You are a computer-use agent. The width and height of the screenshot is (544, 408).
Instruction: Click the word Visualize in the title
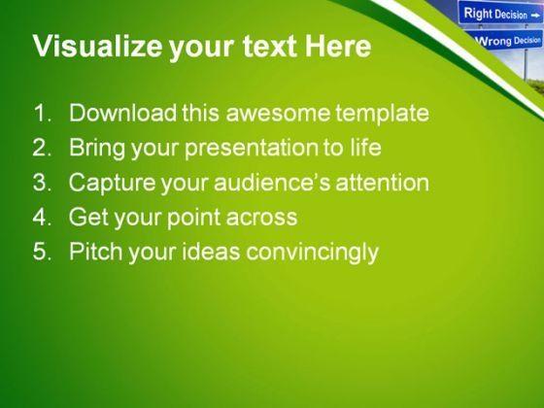(x=97, y=48)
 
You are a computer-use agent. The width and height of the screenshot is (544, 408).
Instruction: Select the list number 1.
(x=43, y=113)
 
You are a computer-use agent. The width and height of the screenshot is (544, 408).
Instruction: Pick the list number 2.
(x=43, y=147)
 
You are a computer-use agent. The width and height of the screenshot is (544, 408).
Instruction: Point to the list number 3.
(x=43, y=182)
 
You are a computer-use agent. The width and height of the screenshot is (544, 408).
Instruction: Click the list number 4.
(x=43, y=217)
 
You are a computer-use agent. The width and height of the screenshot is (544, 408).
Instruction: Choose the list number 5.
(x=43, y=251)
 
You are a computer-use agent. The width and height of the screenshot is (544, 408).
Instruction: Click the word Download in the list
(x=123, y=113)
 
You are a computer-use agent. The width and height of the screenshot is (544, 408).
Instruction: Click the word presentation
(x=252, y=149)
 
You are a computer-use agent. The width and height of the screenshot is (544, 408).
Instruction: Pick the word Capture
(x=112, y=184)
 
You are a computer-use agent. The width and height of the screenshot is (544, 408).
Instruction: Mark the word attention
(x=383, y=182)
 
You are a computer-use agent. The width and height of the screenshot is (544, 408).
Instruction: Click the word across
(x=262, y=218)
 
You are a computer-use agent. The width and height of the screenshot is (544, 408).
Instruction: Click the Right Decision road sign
(x=500, y=14)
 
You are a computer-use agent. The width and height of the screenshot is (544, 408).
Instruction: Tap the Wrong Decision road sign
(x=507, y=41)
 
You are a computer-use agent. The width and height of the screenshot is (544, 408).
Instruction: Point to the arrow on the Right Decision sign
(x=534, y=16)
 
